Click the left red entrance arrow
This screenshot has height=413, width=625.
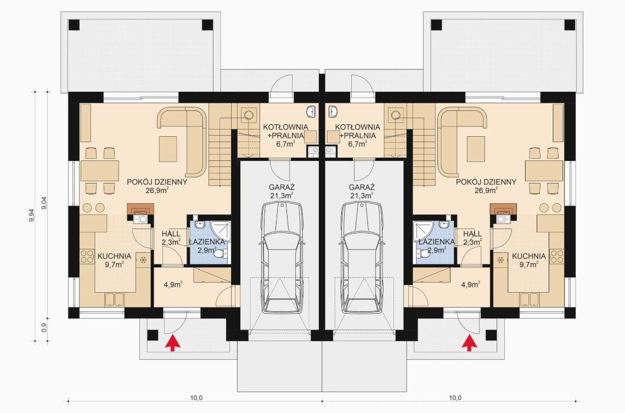[173, 343]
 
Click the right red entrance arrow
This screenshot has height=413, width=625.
[470, 343]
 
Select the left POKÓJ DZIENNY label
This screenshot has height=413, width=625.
[157, 186]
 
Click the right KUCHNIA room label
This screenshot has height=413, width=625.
[529, 260]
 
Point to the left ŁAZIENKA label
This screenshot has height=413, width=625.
[206, 242]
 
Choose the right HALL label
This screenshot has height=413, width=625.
[472, 237]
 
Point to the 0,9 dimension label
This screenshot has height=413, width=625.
[44, 327]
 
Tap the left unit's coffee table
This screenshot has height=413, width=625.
[168, 149]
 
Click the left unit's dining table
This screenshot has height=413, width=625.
[100, 170]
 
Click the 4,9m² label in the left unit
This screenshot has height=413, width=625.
[173, 284]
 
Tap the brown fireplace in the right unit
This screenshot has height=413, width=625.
[503, 209]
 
